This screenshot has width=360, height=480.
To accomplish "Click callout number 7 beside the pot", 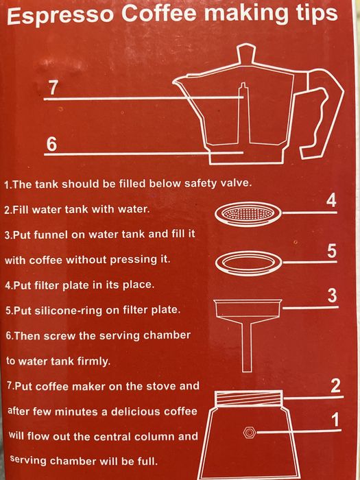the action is pyautogui.click(x=53, y=88).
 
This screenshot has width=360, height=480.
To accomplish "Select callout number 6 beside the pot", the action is pyautogui.click(x=52, y=144).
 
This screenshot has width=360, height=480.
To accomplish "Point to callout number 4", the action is pyautogui.click(x=331, y=202).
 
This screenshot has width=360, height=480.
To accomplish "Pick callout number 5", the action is pyautogui.click(x=331, y=252).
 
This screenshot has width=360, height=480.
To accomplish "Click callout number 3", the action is pyautogui.click(x=332, y=296).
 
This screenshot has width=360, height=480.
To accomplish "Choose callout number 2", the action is pyautogui.click(x=335, y=387).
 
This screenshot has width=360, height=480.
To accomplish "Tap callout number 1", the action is pyautogui.click(x=336, y=420).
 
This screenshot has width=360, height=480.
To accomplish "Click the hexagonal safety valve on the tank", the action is pyautogui.click(x=249, y=433).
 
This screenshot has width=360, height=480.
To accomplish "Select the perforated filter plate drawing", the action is pyautogui.click(x=248, y=214).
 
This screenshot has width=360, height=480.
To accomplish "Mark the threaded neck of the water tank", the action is pyautogui.click(x=248, y=398).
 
